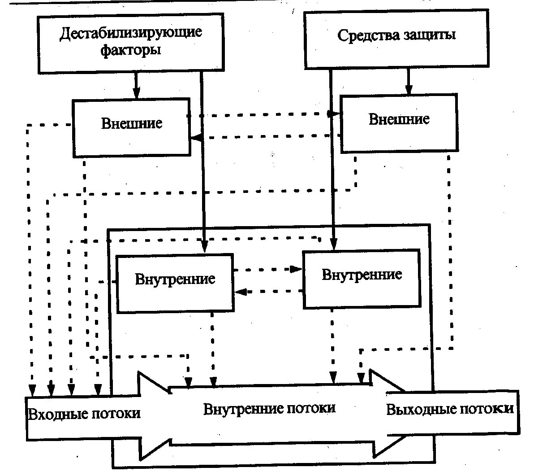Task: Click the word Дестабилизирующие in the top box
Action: [131, 33]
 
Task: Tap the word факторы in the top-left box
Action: [130, 49]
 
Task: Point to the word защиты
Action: [431, 35]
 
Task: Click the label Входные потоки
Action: [84, 413]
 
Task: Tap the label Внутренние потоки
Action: [269, 408]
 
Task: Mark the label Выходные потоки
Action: [450, 409]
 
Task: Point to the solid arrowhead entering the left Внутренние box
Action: [204, 246]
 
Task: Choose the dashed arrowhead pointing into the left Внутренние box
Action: [241, 292]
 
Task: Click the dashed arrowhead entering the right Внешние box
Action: [334, 114]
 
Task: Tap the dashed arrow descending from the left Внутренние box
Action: [213, 350]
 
